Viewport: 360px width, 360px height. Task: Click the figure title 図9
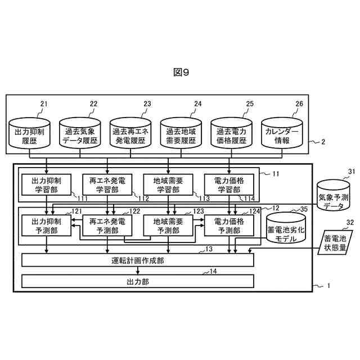(180, 72)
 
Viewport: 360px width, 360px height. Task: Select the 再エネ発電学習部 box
(107, 184)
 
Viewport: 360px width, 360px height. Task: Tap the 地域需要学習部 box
(168, 184)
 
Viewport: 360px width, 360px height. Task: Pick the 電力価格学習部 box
(229, 184)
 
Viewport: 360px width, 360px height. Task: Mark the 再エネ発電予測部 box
(107, 226)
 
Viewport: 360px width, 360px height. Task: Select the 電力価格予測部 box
(229, 226)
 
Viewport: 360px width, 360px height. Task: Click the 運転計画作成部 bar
(138, 260)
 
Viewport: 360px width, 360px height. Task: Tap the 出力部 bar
(138, 281)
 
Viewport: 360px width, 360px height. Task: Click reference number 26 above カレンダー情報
(299, 104)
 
